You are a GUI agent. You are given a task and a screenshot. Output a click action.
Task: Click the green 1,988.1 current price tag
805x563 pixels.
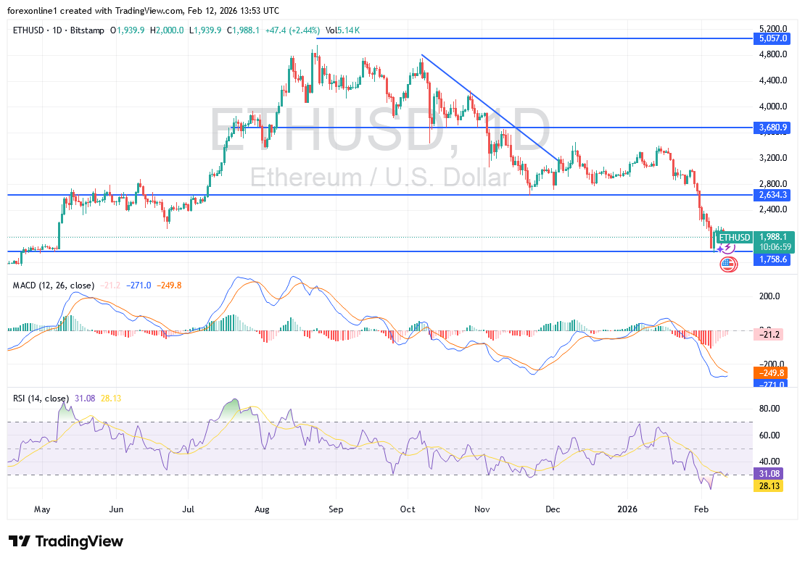[x=773, y=237]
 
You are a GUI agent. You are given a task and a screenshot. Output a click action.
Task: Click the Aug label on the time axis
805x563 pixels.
[x=263, y=509]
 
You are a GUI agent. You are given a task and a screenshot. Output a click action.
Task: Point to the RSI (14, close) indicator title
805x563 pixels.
[x=41, y=399]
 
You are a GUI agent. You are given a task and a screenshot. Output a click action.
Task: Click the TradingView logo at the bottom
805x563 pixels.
[x=66, y=541]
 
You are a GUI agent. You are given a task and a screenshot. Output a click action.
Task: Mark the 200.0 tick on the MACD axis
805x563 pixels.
[x=769, y=296]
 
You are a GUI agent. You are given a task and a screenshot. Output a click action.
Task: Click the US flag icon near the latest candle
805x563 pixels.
[x=728, y=264]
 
